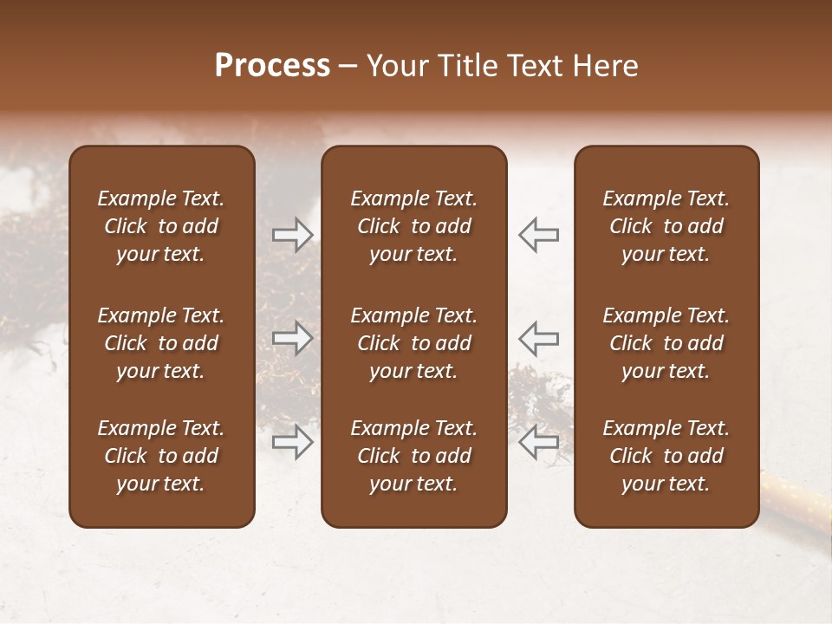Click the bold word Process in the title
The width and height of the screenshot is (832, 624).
point(272,66)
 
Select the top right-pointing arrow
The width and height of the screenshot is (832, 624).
point(292,235)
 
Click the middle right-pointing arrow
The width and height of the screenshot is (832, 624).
point(292,338)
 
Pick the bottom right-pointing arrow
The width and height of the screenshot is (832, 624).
point(292,441)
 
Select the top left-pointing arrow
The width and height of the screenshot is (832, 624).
point(539,235)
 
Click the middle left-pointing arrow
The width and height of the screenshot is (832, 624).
point(539,338)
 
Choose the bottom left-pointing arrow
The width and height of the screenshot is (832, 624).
point(539,441)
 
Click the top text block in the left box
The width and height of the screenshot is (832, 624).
point(161,226)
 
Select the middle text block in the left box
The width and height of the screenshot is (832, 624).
point(161,343)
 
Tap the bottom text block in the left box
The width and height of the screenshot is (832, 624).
point(161,456)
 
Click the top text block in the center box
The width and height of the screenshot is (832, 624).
point(413,226)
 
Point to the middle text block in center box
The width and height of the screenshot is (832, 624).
point(413,343)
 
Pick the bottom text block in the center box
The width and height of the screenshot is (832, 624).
point(413,456)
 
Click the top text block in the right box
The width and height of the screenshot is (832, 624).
point(666,226)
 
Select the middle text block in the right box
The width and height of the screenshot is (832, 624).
point(666,343)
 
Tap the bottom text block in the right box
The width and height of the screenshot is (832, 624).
point(666,456)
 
